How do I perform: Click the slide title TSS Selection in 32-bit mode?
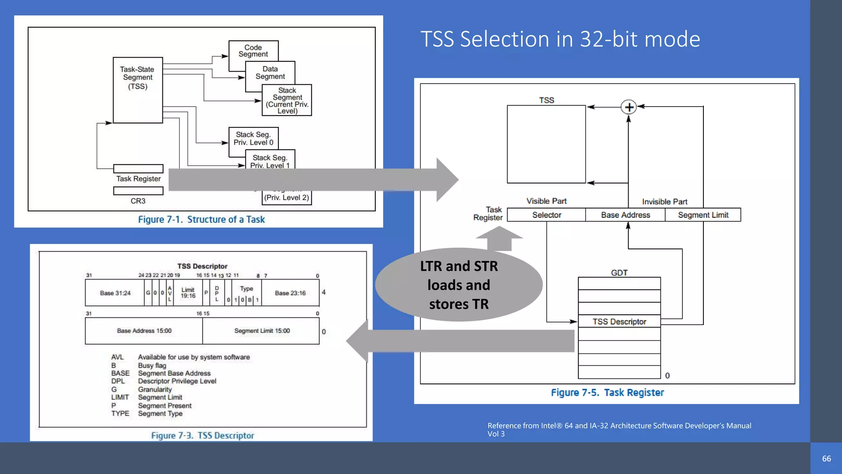560,39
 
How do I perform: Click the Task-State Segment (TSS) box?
138,90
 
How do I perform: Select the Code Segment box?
253,51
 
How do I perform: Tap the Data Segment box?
270,72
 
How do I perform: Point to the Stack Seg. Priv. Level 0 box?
253,138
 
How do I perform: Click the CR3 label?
138,201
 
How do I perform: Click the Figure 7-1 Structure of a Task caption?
201,219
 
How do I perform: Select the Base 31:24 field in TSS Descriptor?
115,293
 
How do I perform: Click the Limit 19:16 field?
188,293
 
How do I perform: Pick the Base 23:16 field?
290,293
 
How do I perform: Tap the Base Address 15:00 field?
144,331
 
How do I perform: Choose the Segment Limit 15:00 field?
262,331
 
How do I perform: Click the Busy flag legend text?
152,365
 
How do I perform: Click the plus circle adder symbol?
629,107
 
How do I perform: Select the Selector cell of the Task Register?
546,215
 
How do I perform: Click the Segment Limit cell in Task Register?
703,215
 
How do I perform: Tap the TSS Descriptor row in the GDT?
619,321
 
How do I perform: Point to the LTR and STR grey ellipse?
459,285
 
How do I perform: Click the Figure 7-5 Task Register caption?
607,393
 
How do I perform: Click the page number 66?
826,458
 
